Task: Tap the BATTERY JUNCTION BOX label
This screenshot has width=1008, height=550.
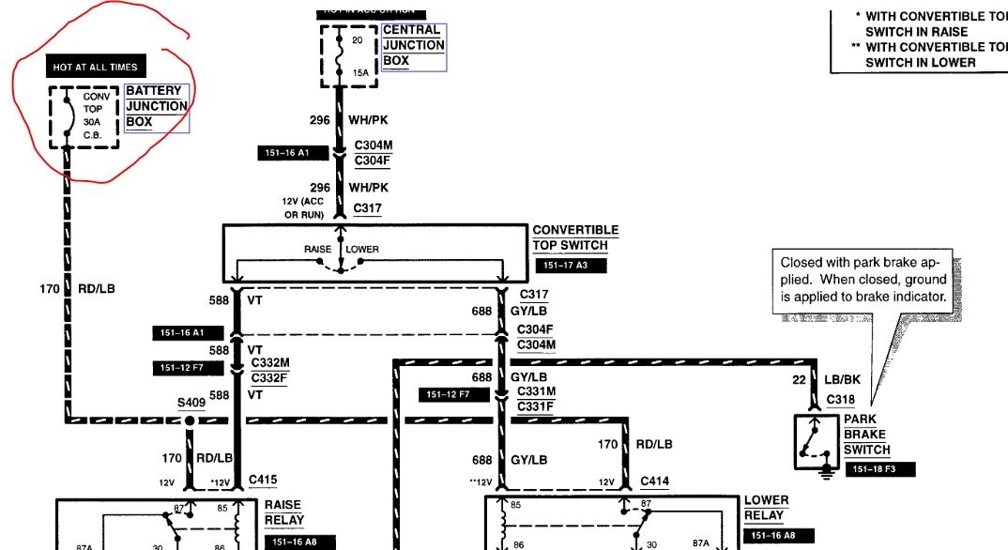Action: coord(156,106)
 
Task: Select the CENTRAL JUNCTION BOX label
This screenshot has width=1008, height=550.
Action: coord(413,45)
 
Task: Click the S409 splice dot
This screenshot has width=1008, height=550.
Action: coord(189,421)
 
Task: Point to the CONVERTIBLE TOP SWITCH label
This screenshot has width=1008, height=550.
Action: coord(574,237)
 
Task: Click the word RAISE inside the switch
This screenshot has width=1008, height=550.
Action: coord(317,250)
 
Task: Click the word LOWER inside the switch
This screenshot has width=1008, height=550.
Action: coord(362,250)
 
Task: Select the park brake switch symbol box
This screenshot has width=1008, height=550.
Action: coord(816,441)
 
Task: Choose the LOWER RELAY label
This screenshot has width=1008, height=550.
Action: coord(766,508)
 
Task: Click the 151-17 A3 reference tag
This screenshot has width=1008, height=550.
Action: coord(570,266)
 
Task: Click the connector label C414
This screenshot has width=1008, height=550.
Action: coord(654,481)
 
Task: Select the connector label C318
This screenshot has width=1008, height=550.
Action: coord(840,400)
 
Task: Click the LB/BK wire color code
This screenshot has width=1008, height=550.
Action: coord(844,379)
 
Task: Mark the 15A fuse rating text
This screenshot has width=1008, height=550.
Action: coord(361,71)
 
